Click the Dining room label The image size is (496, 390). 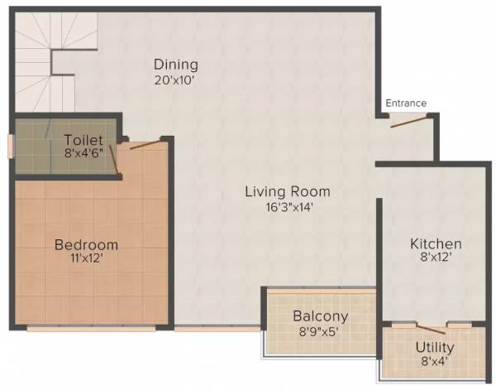tap(175, 65)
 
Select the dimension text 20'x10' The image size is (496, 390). tap(175, 80)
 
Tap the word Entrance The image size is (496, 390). tap(406, 104)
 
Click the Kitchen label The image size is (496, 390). tap(436, 244)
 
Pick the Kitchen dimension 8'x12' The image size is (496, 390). tap(436, 260)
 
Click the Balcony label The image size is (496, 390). tap(320, 316)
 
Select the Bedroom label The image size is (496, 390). tap(86, 245)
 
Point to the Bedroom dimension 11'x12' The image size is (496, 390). tap(86, 260)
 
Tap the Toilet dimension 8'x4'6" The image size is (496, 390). tap(83, 152)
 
